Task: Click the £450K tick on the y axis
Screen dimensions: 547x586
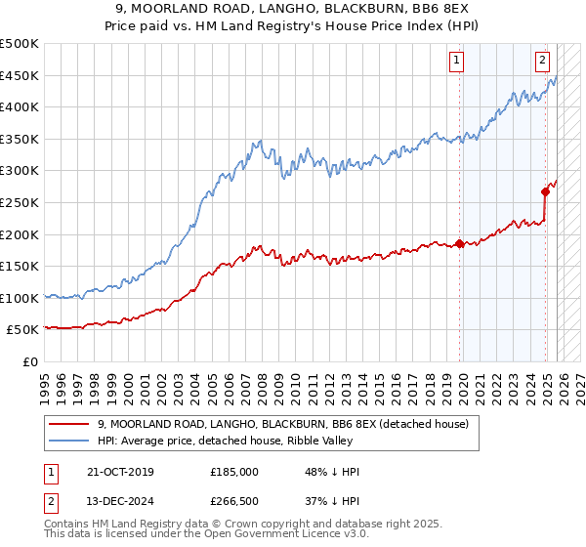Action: pos(20,75)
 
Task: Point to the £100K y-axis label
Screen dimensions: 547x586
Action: pos(20,298)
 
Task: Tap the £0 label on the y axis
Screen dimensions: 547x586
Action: pos(30,361)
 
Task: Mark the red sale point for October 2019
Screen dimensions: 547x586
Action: pos(459,244)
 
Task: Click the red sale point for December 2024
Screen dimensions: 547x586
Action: pos(545,192)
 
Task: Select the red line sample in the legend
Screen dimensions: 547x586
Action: pos(69,424)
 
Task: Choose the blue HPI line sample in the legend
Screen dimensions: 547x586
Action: pos(69,441)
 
